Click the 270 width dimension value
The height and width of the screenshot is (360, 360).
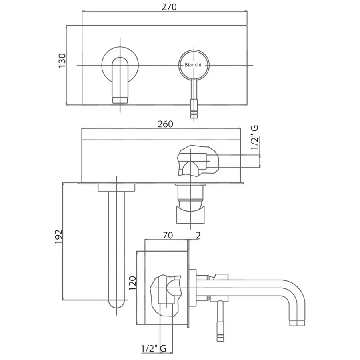[x=169, y=7]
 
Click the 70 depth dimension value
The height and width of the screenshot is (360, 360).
[x=168, y=236]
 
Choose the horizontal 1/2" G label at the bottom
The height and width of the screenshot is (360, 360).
[x=154, y=348]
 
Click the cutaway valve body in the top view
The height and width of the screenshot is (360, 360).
[x=198, y=161]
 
